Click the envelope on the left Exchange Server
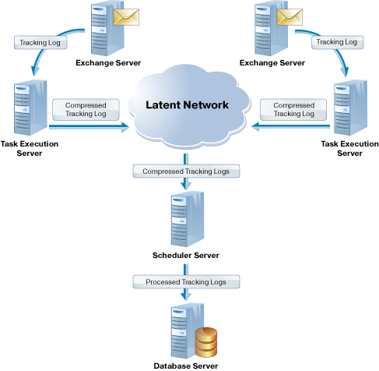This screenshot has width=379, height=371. pyautogui.click(x=126, y=17)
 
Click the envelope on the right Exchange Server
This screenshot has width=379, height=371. pyautogui.click(x=290, y=17)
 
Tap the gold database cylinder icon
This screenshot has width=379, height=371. pyautogui.click(x=206, y=342)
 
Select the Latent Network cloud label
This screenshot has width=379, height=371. pyautogui.click(x=187, y=104)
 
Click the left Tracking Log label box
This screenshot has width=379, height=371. pyautogui.click(x=40, y=42)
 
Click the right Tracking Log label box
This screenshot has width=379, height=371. pyautogui.click(x=337, y=42)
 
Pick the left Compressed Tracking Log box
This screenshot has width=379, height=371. pyautogui.click(x=86, y=110)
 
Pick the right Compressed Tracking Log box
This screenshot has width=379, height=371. pyautogui.click(x=293, y=110)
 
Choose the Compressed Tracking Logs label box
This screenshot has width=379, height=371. pyautogui.click(x=186, y=171)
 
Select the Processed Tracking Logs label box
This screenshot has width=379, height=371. pyautogui.click(x=186, y=282)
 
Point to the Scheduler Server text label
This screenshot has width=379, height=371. pyautogui.click(x=186, y=256)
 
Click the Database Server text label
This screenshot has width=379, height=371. pyautogui.click(x=186, y=366)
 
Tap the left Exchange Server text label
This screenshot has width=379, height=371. pyautogui.click(x=108, y=63)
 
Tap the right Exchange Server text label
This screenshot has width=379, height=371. pyautogui.click(x=272, y=63)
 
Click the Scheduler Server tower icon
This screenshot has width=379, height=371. pyautogui.click(x=188, y=219)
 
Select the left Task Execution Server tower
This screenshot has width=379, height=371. pyautogui.click(x=30, y=108)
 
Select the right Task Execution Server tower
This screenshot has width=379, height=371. pyautogui.click(x=350, y=108)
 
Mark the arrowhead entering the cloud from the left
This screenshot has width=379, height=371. pyautogui.click(x=125, y=127)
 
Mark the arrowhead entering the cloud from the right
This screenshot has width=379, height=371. pyautogui.click(x=255, y=127)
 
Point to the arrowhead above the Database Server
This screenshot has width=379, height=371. pyautogui.click(x=186, y=297)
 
